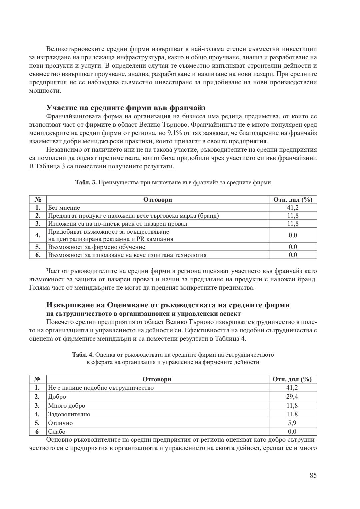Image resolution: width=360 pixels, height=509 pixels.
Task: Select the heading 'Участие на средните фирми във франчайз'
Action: tap(126, 108)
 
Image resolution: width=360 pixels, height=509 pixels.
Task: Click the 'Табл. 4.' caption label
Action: tap(83, 355)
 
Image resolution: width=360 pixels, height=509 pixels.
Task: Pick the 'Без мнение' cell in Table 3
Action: tap(64, 208)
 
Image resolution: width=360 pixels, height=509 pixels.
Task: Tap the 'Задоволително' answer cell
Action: tap(69, 414)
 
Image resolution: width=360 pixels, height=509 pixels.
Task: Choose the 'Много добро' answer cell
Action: tap(67, 406)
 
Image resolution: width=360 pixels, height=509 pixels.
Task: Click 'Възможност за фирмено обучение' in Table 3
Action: tap(97, 247)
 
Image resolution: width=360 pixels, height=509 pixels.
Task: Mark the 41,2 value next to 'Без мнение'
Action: tap(293, 208)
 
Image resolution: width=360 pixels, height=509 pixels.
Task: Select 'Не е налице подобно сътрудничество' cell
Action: tap(101, 388)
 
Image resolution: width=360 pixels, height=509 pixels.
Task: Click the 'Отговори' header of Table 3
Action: tap(157, 200)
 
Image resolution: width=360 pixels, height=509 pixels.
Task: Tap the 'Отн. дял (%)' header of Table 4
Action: tap(292, 379)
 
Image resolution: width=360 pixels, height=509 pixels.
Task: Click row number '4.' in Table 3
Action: tap(38, 235)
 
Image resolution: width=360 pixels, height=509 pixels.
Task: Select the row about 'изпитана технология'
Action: tap(127, 255)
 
